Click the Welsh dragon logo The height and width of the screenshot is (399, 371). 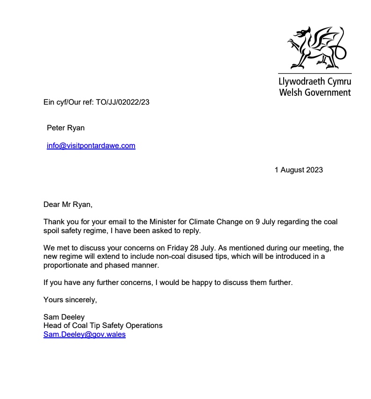(x=316, y=47)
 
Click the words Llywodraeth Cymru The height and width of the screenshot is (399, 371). (x=314, y=81)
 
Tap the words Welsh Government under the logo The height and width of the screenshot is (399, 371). (x=314, y=92)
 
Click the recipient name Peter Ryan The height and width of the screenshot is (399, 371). (x=66, y=128)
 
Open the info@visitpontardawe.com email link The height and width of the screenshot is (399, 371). (x=91, y=145)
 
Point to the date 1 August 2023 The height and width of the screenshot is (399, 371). (x=299, y=170)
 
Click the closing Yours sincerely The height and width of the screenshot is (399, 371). (x=70, y=300)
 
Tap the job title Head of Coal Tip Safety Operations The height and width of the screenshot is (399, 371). (x=103, y=326)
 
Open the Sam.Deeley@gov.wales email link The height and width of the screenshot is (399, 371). (x=85, y=335)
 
